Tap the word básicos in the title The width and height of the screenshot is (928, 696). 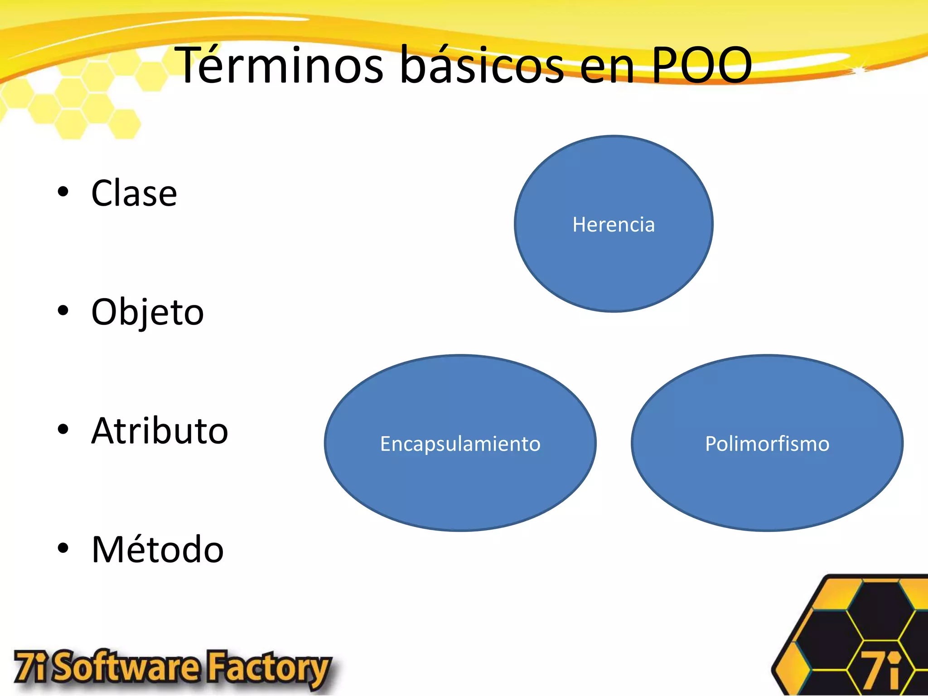482,66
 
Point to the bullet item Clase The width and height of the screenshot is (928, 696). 134,193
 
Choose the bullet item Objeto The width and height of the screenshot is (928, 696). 147,313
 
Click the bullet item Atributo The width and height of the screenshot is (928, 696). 159,431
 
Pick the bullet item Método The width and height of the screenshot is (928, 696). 158,550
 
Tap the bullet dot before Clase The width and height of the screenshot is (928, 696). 63,192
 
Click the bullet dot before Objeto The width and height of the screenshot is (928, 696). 63,310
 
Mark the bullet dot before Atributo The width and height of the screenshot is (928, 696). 63,429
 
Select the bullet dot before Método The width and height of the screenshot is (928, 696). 63,548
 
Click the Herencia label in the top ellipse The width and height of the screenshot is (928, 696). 614,225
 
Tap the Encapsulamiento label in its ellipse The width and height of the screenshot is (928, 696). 460,444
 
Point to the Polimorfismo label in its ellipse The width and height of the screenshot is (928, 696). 767,444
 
